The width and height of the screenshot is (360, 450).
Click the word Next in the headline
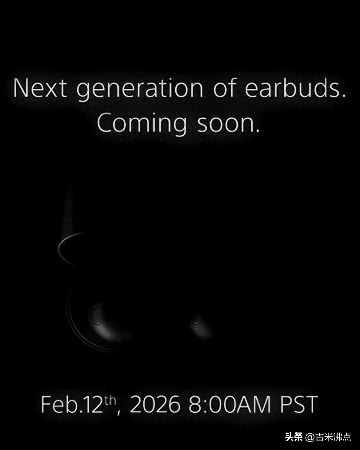40,88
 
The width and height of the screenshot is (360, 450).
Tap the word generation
140,90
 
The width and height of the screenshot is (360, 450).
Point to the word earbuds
292,88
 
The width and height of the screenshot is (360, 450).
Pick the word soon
225,125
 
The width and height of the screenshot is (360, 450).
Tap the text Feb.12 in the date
72,404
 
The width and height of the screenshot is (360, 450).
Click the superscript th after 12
110,400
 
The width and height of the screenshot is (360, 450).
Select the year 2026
155,404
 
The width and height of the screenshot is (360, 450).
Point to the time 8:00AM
230,404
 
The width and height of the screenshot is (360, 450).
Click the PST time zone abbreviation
299,404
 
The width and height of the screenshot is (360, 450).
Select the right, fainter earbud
201,326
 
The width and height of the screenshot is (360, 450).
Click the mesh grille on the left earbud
97,315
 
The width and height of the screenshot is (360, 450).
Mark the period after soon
257,131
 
